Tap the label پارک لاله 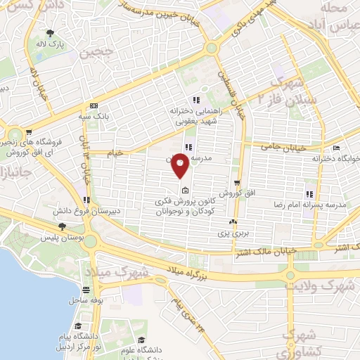[x=51, y=43]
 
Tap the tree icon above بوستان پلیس [x=62, y=226]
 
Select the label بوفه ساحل [x=86, y=300]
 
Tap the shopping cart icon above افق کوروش [x=238, y=183]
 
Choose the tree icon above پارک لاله [x=50, y=33]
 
